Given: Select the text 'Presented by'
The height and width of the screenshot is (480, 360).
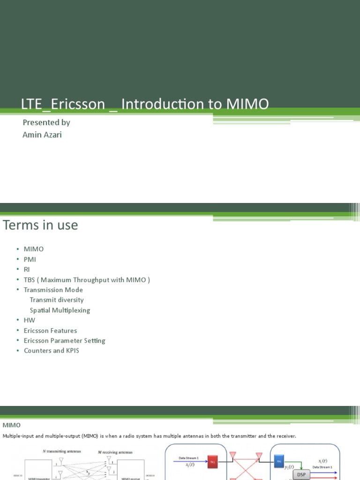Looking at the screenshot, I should pyautogui.click(x=46, y=122).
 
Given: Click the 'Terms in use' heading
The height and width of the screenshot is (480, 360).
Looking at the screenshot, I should pyautogui.click(x=40, y=225).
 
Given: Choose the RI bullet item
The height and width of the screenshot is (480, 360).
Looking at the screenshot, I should pyautogui.click(x=27, y=269).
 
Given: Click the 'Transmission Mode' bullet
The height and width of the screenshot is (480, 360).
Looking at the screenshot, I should pyautogui.click(x=53, y=290).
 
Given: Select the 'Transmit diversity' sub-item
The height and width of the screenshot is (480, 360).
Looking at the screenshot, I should pyautogui.click(x=57, y=300).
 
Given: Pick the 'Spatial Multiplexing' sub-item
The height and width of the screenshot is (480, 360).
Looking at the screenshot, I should pyautogui.click(x=60, y=310).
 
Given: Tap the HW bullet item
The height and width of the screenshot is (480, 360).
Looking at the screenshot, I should pyautogui.click(x=30, y=320).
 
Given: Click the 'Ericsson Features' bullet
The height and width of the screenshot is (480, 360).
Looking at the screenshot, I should pyautogui.click(x=50, y=330).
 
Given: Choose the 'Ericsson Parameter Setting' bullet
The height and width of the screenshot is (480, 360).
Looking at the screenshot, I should pyautogui.click(x=65, y=341).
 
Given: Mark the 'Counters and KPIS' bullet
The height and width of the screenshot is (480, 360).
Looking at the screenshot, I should pyautogui.click(x=52, y=351).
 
